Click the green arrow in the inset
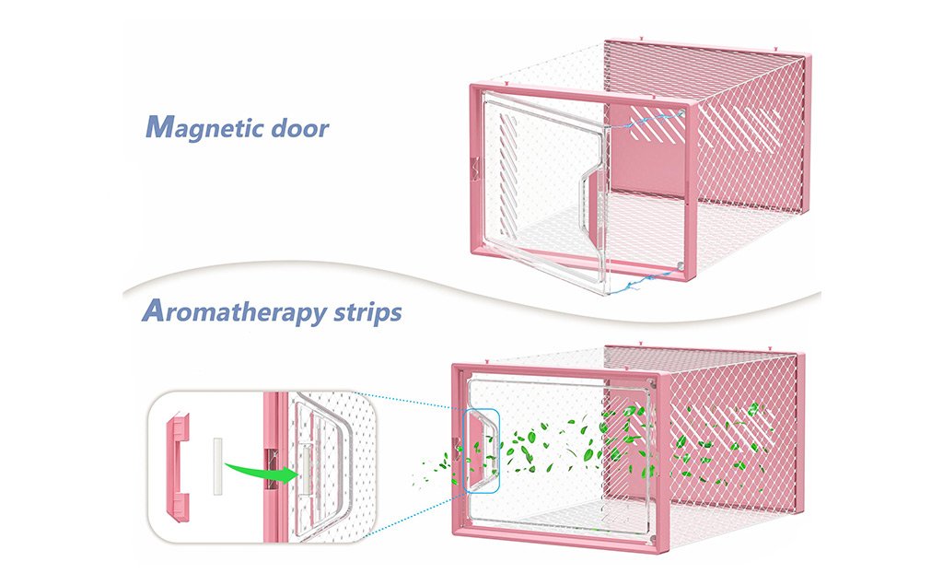click(x=263, y=465)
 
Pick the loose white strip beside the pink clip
click(x=217, y=466)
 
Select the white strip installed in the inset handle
click(x=304, y=469)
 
